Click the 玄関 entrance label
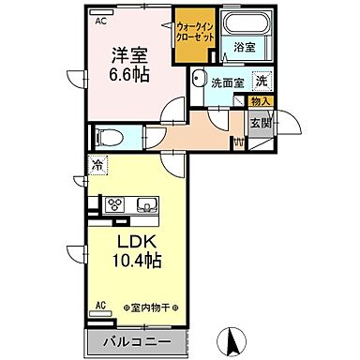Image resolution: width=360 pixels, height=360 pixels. click(259, 120)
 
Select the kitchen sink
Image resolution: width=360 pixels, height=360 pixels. click(147, 205)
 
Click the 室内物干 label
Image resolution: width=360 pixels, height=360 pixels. click(150, 307)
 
